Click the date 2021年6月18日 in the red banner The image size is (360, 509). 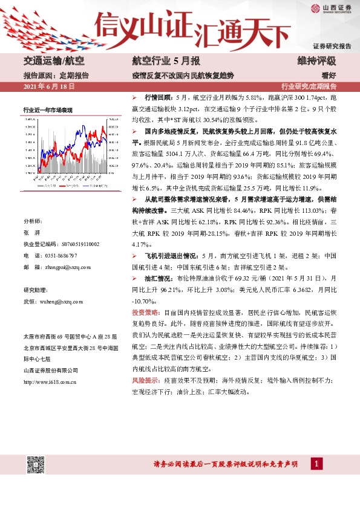click(48, 87)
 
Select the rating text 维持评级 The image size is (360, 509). click(316, 60)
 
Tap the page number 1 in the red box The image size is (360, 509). click(316, 463)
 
